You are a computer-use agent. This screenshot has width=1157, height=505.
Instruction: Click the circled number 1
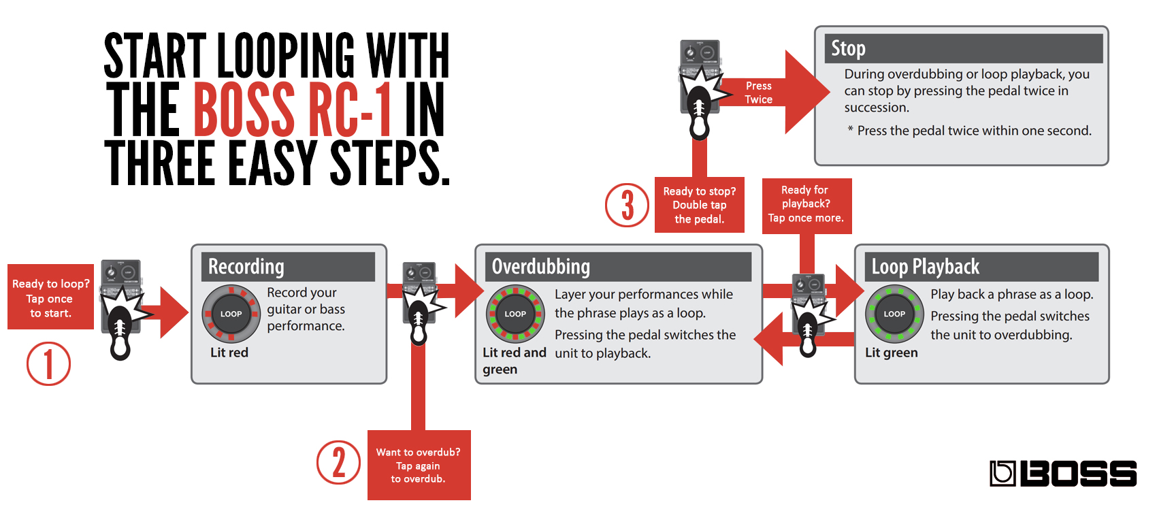coord(48,364)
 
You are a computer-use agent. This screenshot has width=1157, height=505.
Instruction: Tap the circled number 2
coord(338,463)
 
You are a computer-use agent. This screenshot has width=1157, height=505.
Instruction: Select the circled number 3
coord(627,205)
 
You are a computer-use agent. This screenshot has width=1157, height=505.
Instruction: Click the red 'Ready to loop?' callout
coord(50,297)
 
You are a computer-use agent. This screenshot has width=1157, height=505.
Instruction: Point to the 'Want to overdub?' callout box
coord(419,465)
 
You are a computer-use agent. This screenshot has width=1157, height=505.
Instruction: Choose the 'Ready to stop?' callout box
coord(699,205)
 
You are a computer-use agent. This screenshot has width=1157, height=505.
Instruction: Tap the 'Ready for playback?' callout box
coord(806,205)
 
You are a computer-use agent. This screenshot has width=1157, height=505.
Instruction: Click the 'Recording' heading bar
coord(289,267)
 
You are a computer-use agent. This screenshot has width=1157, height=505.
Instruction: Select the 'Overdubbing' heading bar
coord(618,267)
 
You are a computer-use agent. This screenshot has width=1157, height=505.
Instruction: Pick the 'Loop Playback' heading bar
coord(981,267)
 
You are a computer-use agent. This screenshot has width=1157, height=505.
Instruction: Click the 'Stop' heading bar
coord(962,49)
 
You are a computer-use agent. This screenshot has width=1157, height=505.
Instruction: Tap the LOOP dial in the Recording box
coord(231,314)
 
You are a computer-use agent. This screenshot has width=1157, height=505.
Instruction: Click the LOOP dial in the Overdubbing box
coord(515,314)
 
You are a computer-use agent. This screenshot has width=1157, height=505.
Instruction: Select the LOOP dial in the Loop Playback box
coord(894,314)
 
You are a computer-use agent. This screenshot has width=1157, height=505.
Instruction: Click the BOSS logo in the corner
coord(1062,473)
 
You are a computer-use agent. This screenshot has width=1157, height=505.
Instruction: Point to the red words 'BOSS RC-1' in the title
coord(293,109)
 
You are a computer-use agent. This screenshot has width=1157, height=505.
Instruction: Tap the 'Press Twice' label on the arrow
coord(758,93)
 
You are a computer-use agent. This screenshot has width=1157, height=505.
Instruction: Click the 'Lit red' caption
coord(229,353)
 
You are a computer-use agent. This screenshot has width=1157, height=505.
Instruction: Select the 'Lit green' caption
coord(891,353)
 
